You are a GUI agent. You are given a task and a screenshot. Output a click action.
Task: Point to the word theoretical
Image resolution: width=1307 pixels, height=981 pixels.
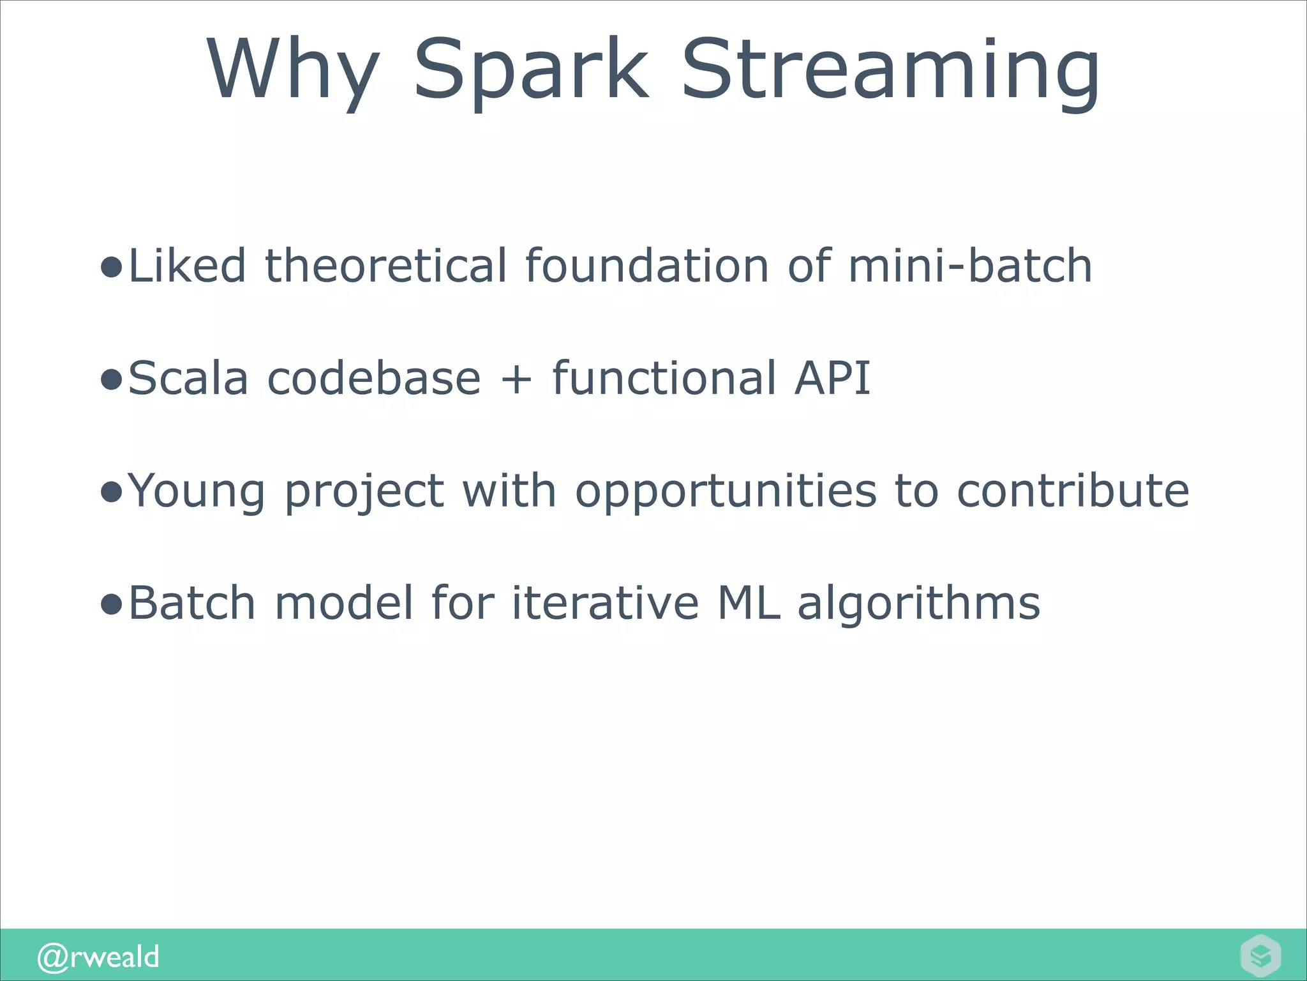click(x=385, y=266)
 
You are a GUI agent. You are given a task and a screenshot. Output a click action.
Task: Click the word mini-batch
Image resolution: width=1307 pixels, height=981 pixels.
click(x=970, y=266)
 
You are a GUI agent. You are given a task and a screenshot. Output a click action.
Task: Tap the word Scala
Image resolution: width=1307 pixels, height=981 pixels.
click(x=188, y=377)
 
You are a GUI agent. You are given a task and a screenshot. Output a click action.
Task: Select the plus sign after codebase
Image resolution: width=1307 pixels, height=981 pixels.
click(x=516, y=379)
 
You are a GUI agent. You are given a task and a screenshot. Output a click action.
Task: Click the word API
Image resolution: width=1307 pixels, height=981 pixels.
click(x=832, y=377)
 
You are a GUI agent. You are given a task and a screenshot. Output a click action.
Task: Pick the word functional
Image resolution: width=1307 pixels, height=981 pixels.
click(x=664, y=377)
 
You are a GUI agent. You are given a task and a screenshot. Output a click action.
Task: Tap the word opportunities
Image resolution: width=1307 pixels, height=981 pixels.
click(x=726, y=491)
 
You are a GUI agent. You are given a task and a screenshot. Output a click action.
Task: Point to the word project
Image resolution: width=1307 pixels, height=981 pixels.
click(x=364, y=491)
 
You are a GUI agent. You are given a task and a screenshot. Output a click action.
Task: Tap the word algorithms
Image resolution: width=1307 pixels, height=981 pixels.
click(x=919, y=604)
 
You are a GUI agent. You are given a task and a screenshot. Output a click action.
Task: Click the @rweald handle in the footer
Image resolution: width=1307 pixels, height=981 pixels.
click(x=98, y=957)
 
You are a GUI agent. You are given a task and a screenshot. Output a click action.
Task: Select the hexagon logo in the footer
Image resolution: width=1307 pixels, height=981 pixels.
click(x=1260, y=955)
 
